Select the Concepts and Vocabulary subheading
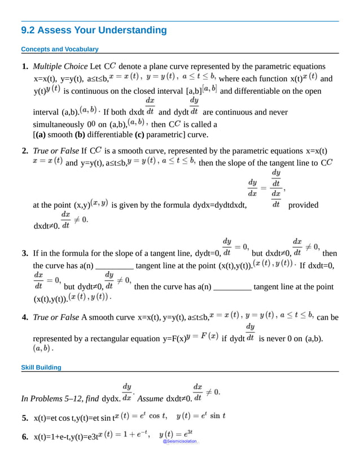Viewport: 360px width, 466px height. [59, 49]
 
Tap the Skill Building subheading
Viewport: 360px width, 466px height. [41, 368]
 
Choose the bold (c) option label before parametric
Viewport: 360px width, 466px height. [139, 134]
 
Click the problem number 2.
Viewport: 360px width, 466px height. [25, 151]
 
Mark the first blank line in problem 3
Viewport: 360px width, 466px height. [115, 265]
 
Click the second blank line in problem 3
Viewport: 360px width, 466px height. [233, 287]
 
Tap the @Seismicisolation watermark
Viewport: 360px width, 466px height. [180, 442]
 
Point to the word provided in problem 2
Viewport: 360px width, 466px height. [304, 205]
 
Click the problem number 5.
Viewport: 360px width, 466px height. [25, 419]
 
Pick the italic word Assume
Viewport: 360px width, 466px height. [150, 399]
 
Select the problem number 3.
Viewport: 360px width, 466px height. [25, 253]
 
